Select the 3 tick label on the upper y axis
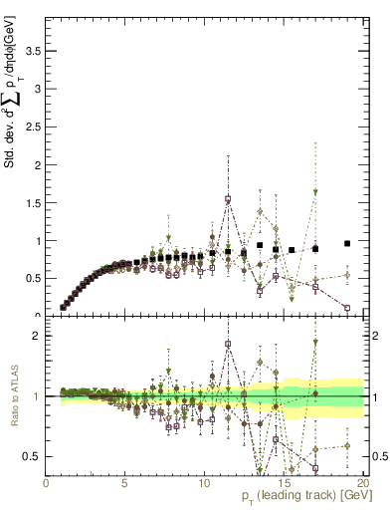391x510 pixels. click(39, 88)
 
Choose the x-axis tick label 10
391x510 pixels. click(204, 483)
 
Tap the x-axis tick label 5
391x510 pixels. click(124, 483)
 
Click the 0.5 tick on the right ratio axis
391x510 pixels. click(379, 456)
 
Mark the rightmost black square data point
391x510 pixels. click(347, 243)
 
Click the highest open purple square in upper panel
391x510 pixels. click(228, 199)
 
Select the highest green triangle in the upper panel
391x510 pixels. click(315, 191)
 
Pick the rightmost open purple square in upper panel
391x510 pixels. click(347, 308)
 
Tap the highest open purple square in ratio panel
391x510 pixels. click(228, 344)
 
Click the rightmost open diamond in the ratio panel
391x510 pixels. click(347, 445)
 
